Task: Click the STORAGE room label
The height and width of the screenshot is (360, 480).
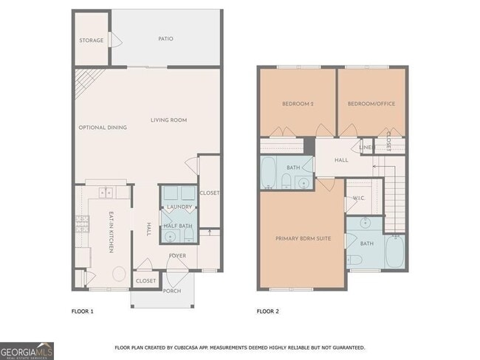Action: [92, 40]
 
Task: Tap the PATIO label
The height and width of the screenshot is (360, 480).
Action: [165, 38]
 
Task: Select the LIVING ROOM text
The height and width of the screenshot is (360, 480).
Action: [168, 120]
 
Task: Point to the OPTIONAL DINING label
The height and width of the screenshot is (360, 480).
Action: [103, 128]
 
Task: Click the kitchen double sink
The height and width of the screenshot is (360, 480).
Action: [105, 193]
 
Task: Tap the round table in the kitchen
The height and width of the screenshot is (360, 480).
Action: [118, 274]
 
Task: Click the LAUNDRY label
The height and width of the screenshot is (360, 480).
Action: [179, 207]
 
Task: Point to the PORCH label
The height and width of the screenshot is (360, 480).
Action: [171, 291]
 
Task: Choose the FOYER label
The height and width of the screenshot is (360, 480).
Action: [177, 256]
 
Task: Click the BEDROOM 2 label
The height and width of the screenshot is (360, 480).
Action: [298, 104]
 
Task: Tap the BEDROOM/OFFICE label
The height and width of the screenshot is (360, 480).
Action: [371, 104]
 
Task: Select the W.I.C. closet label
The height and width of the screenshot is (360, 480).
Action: [359, 198]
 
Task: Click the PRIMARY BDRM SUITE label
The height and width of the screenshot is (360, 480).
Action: [302, 238]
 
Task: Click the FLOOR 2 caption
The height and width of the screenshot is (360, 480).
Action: [267, 311]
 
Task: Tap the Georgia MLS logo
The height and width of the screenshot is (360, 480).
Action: [27, 350]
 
